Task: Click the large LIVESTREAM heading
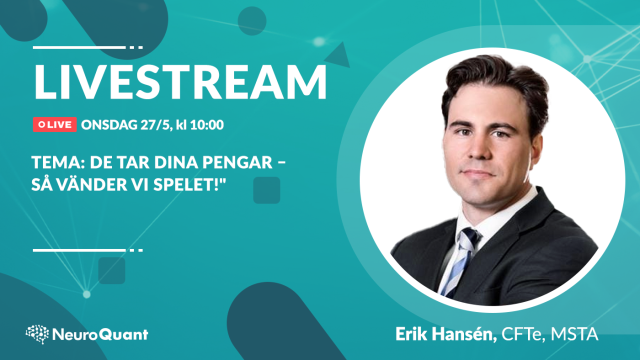coord(180,82)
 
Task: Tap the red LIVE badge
coord(55,124)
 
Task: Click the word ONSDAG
coord(109,125)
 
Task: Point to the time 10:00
coord(207,125)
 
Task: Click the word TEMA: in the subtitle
coord(59,162)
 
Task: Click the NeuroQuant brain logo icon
coord(37,334)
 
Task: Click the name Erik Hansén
coord(446,334)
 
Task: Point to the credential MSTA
coord(574,334)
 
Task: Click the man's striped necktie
coord(459,260)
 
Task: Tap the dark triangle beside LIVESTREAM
coord(339,56)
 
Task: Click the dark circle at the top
coord(252,21)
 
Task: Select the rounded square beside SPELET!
coord(266,190)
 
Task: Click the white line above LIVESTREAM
coord(87,47)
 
